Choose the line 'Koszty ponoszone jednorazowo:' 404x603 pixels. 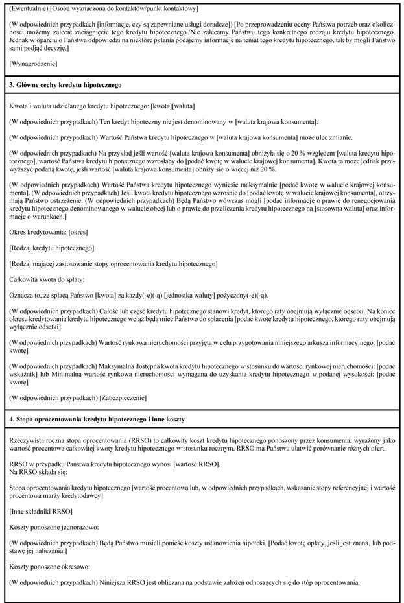coord(55,528)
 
